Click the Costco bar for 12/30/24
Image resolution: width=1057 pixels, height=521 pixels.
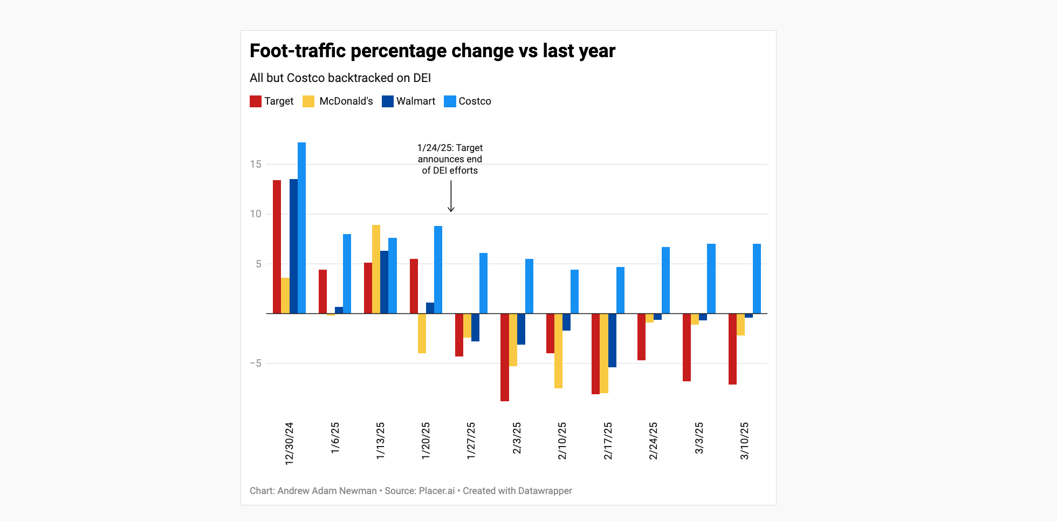(x=301, y=228)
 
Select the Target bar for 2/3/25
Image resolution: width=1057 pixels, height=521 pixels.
(x=505, y=357)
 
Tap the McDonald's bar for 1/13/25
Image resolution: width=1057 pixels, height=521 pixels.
(x=376, y=269)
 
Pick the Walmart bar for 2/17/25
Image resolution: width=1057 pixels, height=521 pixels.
(x=612, y=340)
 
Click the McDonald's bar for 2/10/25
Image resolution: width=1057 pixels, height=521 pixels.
(x=559, y=351)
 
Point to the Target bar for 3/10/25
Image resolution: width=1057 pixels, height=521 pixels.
(x=732, y=349)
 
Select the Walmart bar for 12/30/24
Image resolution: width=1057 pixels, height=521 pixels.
(x=293, y=246)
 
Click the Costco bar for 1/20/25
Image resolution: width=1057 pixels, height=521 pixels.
(x=438, y=270)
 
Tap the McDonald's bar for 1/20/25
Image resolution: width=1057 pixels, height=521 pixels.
(x=422, y=333)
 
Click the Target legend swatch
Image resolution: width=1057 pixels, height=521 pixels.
(x=256, y=101)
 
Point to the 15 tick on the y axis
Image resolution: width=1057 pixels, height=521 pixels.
(x=256, y=164)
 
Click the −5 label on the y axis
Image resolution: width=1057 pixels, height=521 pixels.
(x=256, y=363)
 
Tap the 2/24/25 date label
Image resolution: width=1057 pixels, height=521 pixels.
(x=653, y=441)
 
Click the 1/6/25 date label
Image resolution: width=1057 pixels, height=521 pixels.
(x=335, y=437)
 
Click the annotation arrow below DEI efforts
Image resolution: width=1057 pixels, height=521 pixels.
(x=451, y=197)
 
